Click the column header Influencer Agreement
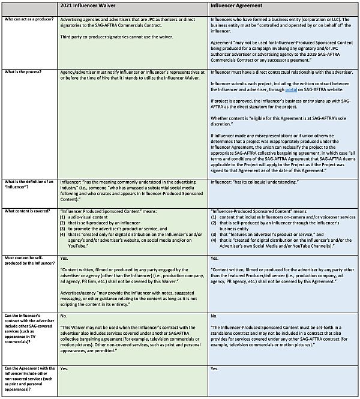click(x=237, y=5)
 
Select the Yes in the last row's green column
click(x=65, y=368)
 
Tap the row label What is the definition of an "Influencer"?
click(x=28, y=185)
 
